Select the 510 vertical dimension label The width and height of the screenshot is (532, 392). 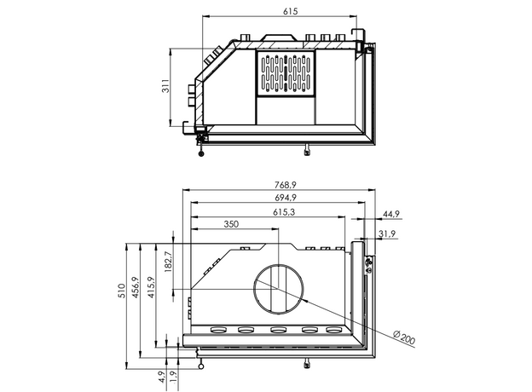121,292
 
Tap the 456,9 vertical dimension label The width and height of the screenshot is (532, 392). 136,292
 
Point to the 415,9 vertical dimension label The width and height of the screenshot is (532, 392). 150,292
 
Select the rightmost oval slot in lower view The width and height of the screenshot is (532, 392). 334,331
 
